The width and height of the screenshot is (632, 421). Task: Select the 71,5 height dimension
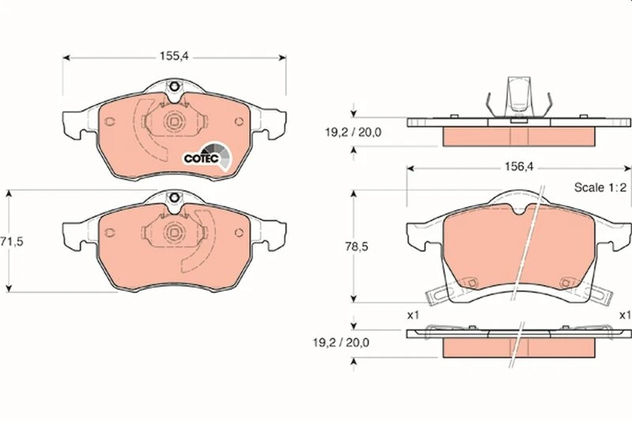point(11,242)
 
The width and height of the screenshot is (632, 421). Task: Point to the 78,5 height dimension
point(356,246)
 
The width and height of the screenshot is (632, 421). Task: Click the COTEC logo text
point(201,158)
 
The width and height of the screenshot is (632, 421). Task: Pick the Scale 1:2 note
point(600,187)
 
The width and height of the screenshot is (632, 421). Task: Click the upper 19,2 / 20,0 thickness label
point(353,132)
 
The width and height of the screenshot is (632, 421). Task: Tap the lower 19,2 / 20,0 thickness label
point(341,343)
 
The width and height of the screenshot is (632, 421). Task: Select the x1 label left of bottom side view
point(413,315)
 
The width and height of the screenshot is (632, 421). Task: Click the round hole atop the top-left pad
point(175,87)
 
